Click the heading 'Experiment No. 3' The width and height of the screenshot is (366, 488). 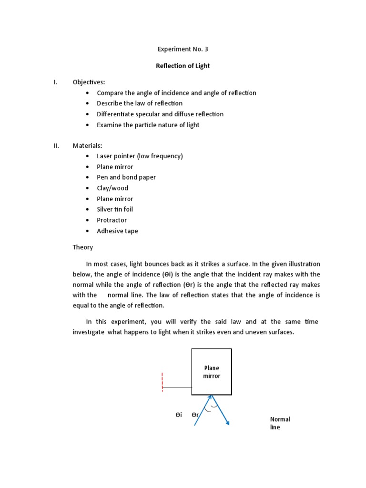point(183,49)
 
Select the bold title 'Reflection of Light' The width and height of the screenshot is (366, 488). point(183,66)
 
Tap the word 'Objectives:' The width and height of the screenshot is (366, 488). point(89,82)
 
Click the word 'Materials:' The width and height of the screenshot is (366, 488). point(87,145)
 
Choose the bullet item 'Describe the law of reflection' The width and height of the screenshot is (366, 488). point(140,103)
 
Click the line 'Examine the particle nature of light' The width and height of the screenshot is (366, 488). point(148,125)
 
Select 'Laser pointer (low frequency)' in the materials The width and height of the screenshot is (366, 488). point(140,156)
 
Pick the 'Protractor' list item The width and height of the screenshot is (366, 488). point(112,220)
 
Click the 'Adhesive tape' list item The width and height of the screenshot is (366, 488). point(117,231)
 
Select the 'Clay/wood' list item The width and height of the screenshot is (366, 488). point(112,188)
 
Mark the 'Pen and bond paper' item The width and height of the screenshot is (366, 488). point(126,177)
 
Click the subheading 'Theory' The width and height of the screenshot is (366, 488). point(83,247)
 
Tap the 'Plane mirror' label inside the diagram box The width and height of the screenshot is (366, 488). point(212,372)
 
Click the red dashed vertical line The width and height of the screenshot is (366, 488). point(163,382)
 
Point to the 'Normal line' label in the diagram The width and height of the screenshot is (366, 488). point(280,423)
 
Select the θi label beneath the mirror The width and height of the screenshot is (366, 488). point(179,415)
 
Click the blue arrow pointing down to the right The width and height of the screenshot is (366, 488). point(221,410)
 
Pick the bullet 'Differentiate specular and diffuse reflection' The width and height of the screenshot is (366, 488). point(160,114)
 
